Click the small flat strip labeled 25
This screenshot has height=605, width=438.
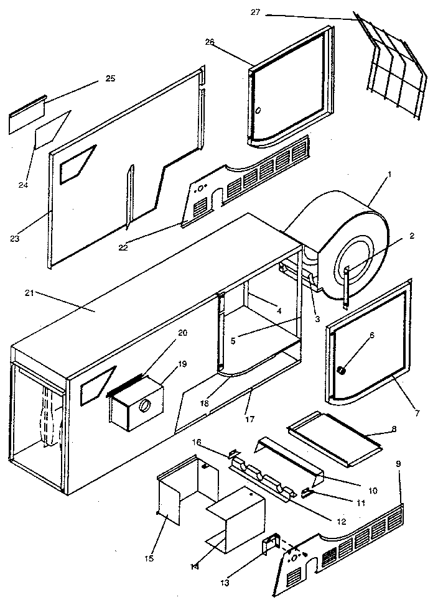click(x=27, y=115)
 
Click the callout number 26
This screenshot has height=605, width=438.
click(x=210, y=42)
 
